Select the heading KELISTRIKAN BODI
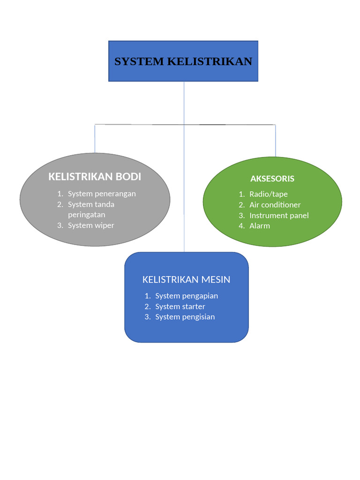[95, 177]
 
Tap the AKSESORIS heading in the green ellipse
[272, 179]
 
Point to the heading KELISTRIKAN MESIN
[186, 280]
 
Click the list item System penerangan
[102, 194]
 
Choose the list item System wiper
[91, 225]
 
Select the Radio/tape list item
[268, 194]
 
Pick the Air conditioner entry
[275, 205]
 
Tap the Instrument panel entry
[279, 216]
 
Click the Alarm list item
[260, 226]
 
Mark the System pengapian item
[187, 296]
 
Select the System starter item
[180, 307]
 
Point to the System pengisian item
[185, 317]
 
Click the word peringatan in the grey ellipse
[86, 215]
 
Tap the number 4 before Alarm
[240, 226]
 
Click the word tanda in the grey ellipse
[105, 204]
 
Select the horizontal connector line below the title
[141, 125]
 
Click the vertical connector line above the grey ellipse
[95, 139]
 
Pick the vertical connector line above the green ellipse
[275, 141]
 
